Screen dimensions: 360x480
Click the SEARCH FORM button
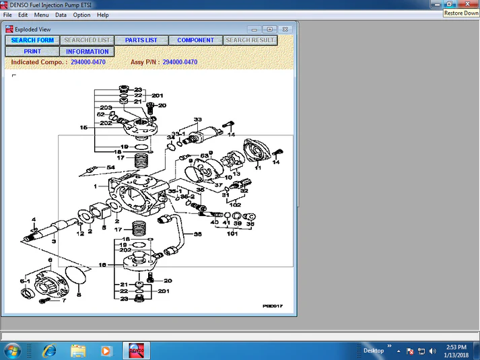pos(32,40)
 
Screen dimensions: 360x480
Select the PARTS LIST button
pos(141,40)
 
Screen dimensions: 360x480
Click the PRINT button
pos(32,52)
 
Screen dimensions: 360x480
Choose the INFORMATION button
pos(87,52)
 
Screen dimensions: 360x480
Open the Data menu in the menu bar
pos(61,15)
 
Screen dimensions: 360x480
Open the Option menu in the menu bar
pos(81,15)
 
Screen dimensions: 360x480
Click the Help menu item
pos(102,15)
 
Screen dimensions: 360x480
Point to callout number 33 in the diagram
pos(197,120)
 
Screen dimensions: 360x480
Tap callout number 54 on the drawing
pos(110,168)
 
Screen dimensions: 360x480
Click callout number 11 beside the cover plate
pos(257,168)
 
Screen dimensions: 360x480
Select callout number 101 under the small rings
pos(233,234)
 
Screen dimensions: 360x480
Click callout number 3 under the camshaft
pos(54,240)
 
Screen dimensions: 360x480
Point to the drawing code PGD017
pos(272,306)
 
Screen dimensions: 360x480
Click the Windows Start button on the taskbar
pos(12,351)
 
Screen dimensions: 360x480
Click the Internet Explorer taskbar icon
pos(49,351)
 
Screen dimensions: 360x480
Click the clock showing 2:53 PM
pos(456,351)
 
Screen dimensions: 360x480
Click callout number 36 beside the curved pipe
pos(197,235)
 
